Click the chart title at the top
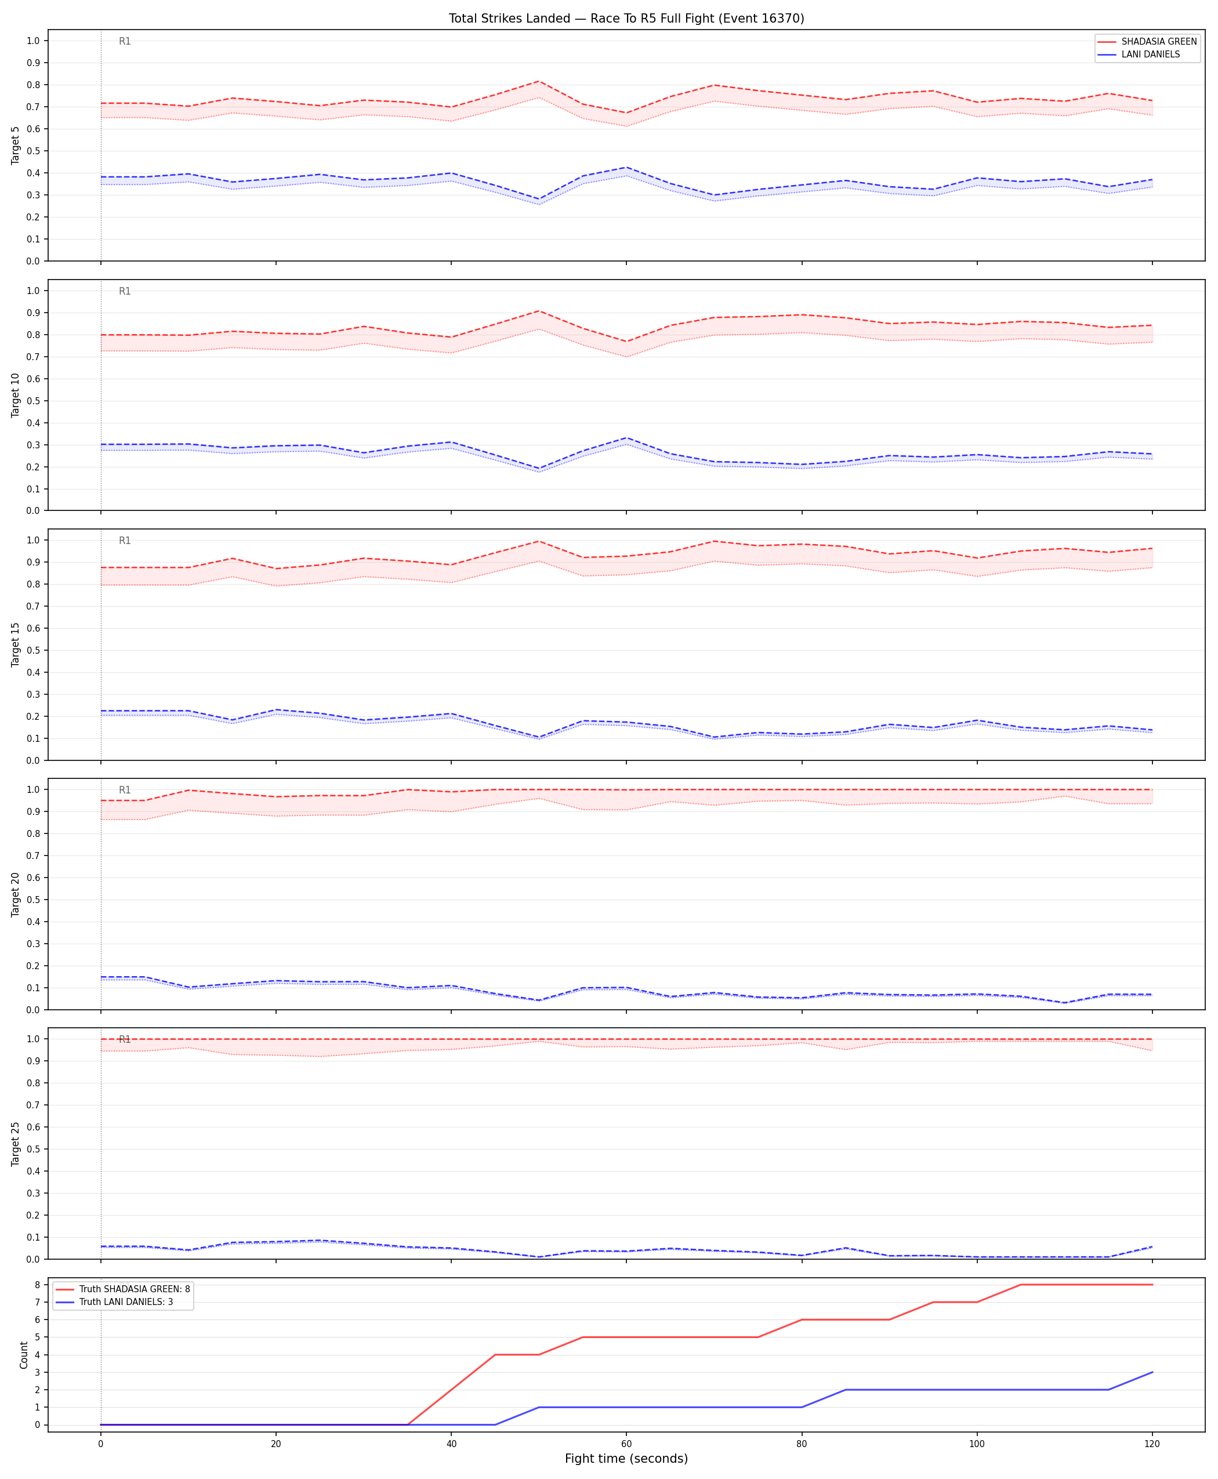click(626, 18)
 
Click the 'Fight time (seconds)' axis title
click(626, 1459)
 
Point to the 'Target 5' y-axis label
click(16, 145)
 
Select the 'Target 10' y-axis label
click(16, 395)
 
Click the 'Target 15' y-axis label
click(16, 644)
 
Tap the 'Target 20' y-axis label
click(16, 894)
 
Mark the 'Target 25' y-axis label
click(16, 1144)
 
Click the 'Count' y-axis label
click(24, 1355)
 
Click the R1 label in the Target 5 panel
click(125, 41)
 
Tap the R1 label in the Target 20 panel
click(125, 790)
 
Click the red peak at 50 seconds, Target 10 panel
click(539, 311)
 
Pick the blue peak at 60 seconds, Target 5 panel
click(626, 168)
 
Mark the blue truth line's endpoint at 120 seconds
click(1152, 1372)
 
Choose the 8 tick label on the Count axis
click(38, 1285)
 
